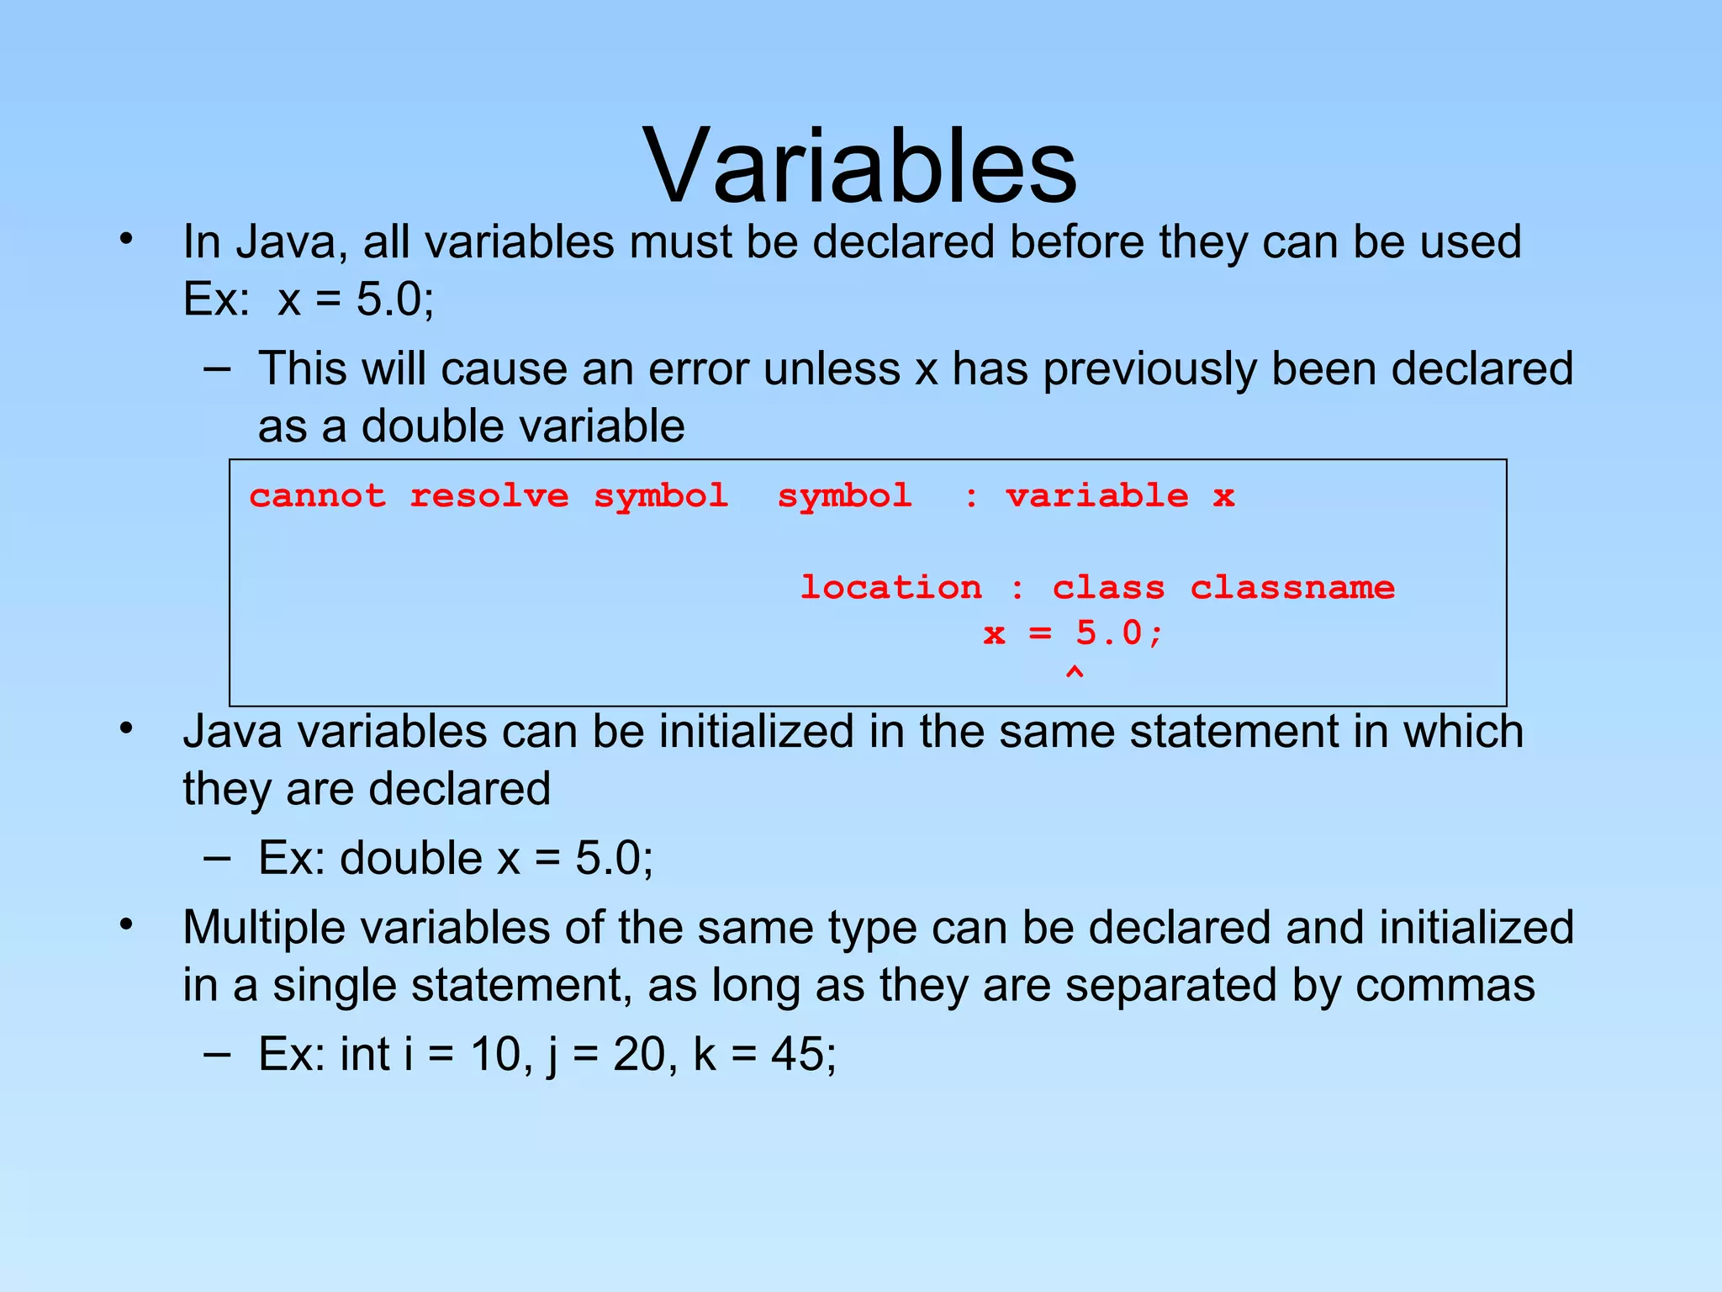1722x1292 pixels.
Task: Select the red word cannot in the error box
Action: coord(318,496)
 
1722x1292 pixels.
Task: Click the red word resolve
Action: coord(489,496)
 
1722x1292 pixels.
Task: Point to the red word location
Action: coord(890,587)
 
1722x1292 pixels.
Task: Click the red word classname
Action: coord(1292,587)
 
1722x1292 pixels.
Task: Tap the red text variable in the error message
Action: coord(1097,496)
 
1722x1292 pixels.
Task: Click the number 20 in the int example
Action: coord(639,1054)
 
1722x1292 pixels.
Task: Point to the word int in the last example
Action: coord(364,1054)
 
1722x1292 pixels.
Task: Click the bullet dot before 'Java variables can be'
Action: coord(126,728)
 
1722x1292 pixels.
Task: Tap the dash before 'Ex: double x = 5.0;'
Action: coord(217,858)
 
